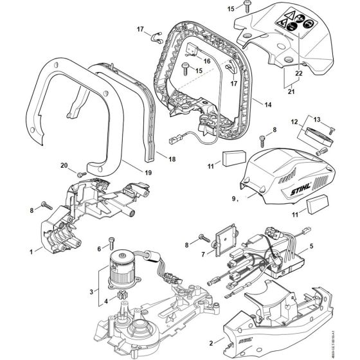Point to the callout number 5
click(x=312, y=245)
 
